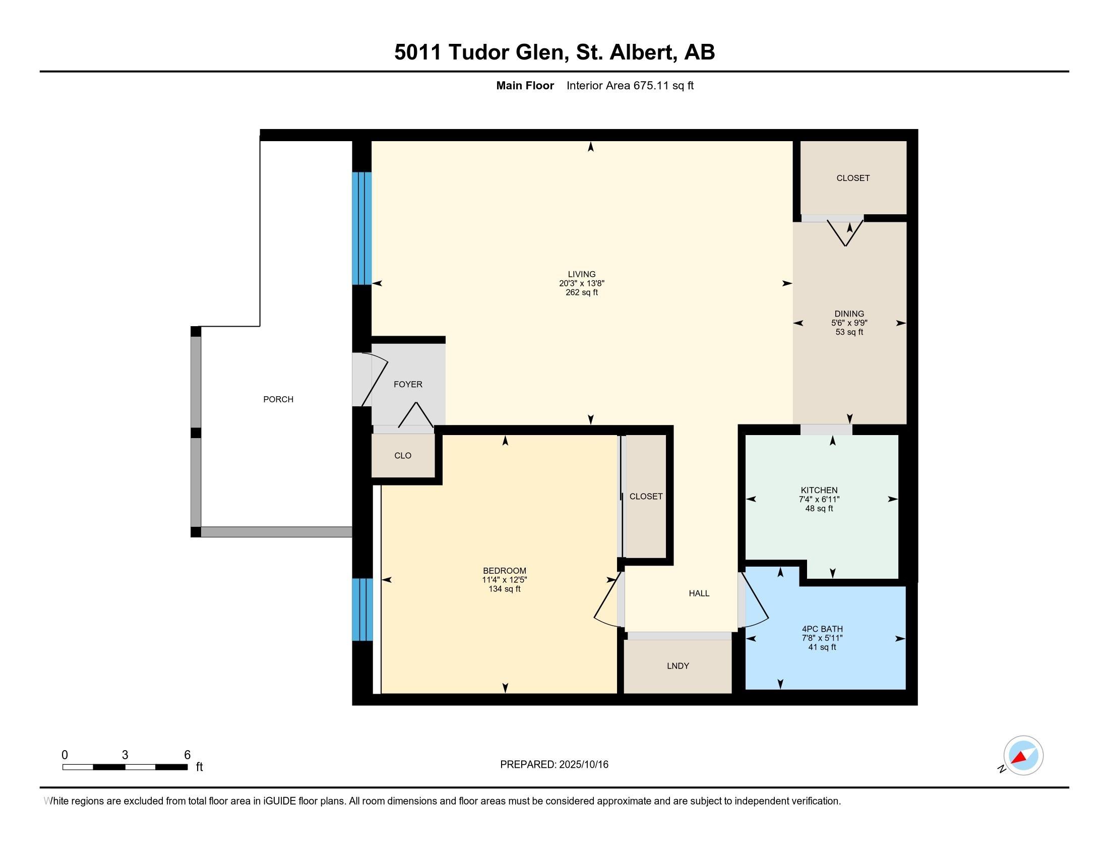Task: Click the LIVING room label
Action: coord(581,274)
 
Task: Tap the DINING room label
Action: coord(849,314)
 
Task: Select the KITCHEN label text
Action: coord(819,490)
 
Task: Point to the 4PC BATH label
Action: coord(822,629)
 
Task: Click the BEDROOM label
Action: coord(504,571)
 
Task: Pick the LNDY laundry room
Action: coord(678,665)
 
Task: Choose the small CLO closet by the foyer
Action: coord(403,456)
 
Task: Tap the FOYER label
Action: coord(408,384)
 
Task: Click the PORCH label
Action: coord(278,400)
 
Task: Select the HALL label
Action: coord(699,593)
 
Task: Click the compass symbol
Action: coord(1023,756)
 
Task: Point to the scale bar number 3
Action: coord(125,755)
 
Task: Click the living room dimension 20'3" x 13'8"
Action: coord(581,283)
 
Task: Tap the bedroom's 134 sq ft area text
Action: coord(504,589)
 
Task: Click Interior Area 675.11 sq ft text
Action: coord(630,86)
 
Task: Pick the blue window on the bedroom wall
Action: coord(362,609)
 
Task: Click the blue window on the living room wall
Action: coord(362,228)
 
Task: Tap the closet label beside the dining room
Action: coord(852,178)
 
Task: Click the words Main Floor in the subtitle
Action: coord(525,86)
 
